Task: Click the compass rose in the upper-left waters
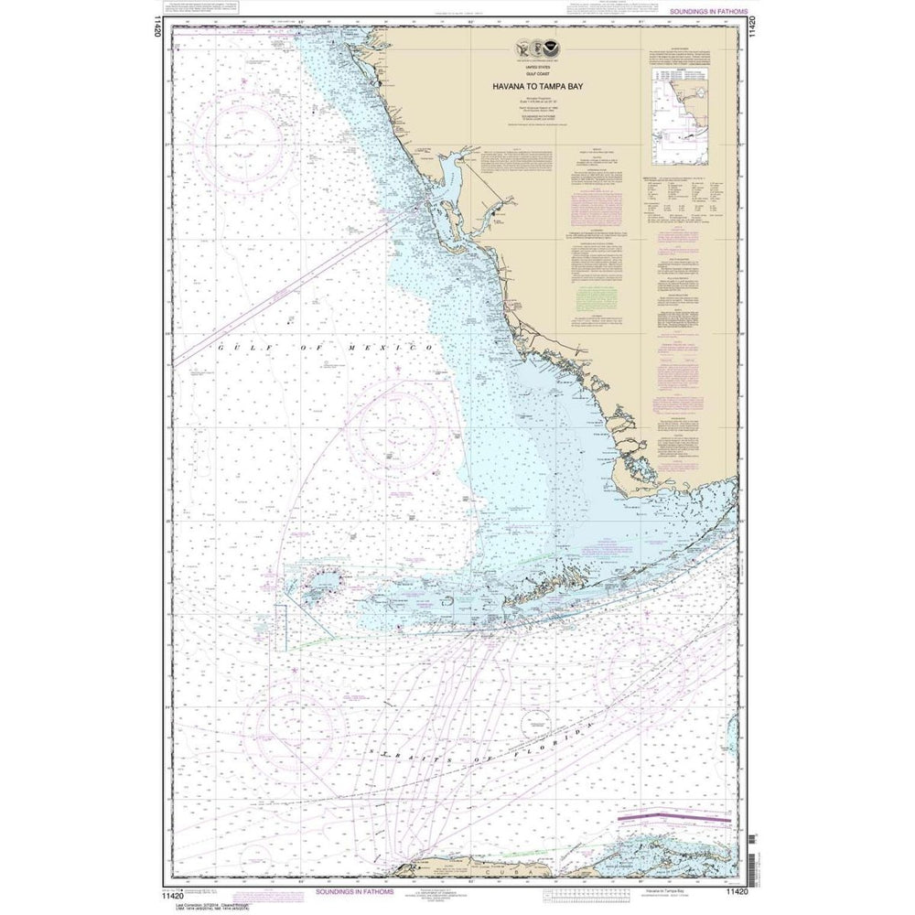click(x=243, y=138)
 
